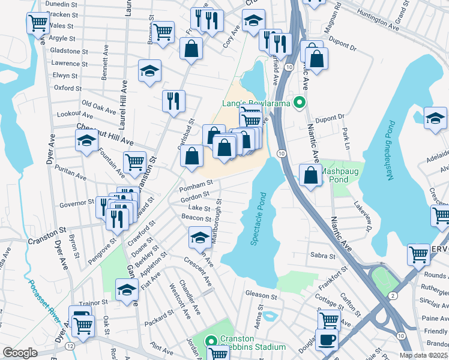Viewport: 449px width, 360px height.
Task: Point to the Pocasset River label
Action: [42, 303]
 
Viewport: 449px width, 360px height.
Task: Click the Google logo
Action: [20, 353]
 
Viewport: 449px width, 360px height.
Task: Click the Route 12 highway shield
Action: [70, 346]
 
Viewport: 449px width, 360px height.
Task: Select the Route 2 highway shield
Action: [392, 296]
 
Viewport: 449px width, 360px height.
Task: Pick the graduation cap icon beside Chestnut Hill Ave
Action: [87, 141]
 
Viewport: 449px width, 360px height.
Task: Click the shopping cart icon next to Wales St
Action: [38, 23]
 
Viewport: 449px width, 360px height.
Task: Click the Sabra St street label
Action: [323, 256]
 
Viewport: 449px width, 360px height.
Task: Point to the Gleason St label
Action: [261, 295]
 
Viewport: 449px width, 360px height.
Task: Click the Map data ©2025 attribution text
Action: [424, 355]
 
